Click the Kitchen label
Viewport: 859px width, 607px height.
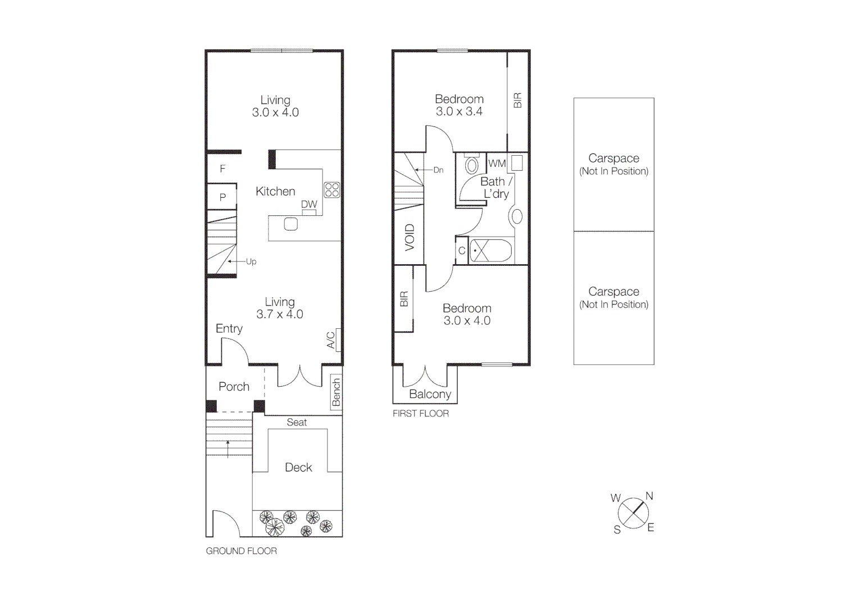275,192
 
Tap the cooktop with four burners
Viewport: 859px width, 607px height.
331,189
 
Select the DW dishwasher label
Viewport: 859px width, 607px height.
309,205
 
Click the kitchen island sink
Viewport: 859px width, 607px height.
290,224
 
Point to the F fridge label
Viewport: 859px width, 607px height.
222,169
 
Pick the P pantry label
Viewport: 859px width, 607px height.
222,197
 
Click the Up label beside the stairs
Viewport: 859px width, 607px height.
251,262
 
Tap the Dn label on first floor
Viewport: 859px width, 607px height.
438,170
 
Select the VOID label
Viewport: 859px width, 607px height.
410,237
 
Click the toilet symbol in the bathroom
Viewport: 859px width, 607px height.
471,165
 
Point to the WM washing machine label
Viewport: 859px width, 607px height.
497,164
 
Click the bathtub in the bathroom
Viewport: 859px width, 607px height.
490,251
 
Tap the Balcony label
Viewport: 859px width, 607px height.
430,395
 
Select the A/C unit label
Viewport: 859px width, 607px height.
331,339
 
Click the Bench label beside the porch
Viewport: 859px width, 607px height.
336,392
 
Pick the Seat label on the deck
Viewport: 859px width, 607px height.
297,422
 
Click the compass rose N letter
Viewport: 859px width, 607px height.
649,496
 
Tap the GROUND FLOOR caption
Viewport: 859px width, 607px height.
241,551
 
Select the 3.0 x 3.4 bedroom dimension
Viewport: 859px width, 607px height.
459,111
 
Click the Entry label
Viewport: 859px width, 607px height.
229,329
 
